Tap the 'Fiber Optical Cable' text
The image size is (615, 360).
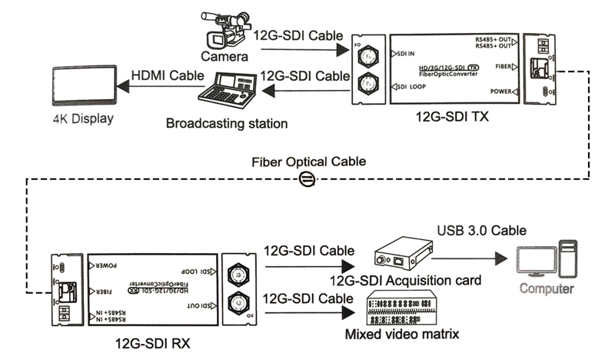(x=308, y=163)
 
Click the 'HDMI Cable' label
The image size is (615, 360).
(x=168, y=75)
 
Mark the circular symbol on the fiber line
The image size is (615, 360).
(x=306, y=180)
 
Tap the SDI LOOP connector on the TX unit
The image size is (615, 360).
(x=368, y=84)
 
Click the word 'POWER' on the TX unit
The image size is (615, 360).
(x=500, y=92)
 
